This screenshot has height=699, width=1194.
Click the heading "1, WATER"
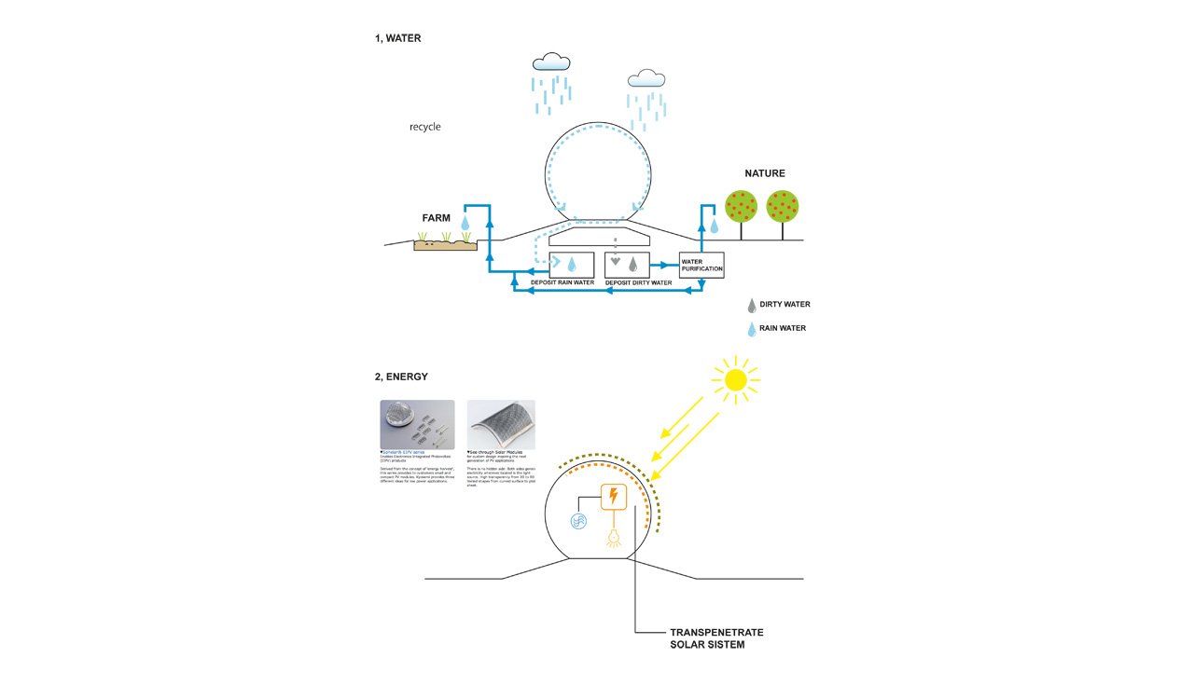tap(397, 38)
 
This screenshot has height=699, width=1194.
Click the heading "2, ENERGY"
tap(401, 377)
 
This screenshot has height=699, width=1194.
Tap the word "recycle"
tap(424, 127)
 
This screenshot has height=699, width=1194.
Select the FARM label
tap(436, 218)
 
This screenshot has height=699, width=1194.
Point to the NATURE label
tap(764, 173)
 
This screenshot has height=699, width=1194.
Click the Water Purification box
tap(701, 266)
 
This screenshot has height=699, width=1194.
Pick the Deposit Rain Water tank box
tap(572, 264)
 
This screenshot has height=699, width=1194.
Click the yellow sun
tap(735, 379)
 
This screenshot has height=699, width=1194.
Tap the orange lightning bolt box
tap(613, 498)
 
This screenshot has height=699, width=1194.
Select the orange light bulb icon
tap(613, 538)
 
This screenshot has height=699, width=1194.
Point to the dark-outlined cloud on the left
tap(550, 62)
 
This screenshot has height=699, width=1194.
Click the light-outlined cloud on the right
tap(646, 78)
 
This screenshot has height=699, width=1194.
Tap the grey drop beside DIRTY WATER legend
tap(751, 305)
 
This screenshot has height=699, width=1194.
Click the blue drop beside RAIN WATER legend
tap(751, 328)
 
